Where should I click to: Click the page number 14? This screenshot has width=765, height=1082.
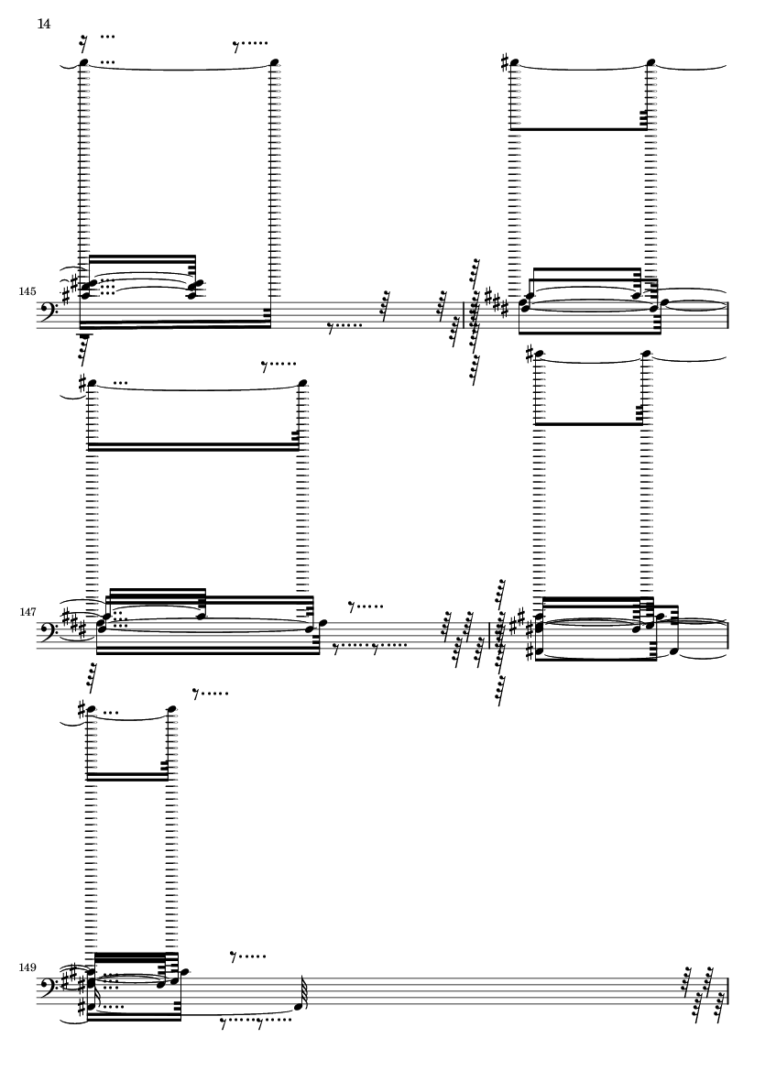tap(43, 24)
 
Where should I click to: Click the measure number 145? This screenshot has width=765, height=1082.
tap(27, 292)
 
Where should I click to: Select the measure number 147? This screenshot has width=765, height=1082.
tap(27, 612)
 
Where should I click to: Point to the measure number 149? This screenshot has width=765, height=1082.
tap(27, 968)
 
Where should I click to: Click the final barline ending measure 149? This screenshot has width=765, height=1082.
tap(727, 990)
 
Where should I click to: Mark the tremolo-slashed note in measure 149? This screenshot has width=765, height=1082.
tap(299, 1005)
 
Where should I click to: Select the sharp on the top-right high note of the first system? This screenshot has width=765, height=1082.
tap(506, 63)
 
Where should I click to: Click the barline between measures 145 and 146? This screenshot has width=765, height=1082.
tap(464, 314)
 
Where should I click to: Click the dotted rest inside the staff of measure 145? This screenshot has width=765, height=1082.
tap(344, 326)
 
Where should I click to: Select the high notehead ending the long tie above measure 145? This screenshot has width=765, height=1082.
tap(274, 63)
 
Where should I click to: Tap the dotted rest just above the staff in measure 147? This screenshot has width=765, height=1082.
tap(366, 607)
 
